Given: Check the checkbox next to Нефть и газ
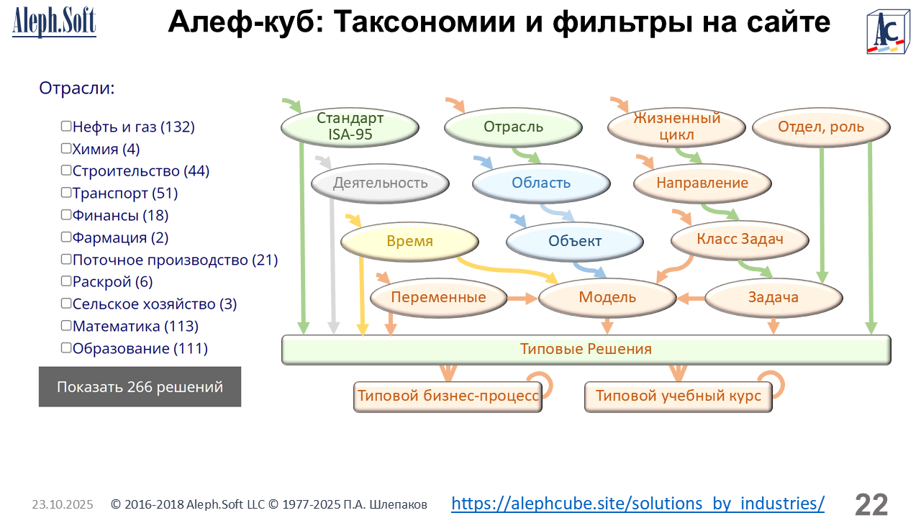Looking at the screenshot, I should pyautogui.click(x=66, y=127).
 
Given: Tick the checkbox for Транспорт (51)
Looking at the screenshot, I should pyautogui.click(x=66, y=193).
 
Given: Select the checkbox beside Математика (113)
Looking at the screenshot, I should pyautogui.click(x=66, y=326).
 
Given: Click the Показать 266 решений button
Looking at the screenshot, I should pyautogui.click(x=140, y=387).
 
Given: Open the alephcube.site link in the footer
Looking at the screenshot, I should pyautogui.click(x=638, y=503).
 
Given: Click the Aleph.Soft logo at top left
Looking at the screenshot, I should pyautogui.click(x=54, y=23).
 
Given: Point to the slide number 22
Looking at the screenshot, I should pyautogui.click(x=871, y=504).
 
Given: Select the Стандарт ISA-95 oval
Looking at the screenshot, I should pyautogui.click(x=350, y=127).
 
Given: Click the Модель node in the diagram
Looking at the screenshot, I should pyautogui.click(x=607, y=297).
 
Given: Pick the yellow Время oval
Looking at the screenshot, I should pyautogui.click(x=409, y=241).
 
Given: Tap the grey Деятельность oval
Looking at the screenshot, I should pyautogui.click(x=380, y=183).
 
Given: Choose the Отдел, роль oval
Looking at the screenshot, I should pyautogui.click(x=821, y=127).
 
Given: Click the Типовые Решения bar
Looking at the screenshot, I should pyautogui.click(x=586, y=350).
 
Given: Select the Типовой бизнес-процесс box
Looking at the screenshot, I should pyautogui.click(x=448, y=396).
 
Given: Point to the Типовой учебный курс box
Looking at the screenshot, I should pyautogui.click(x=678, y=396).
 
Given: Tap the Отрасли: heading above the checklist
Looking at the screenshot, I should pyautogui.click(x=77, y=88).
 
